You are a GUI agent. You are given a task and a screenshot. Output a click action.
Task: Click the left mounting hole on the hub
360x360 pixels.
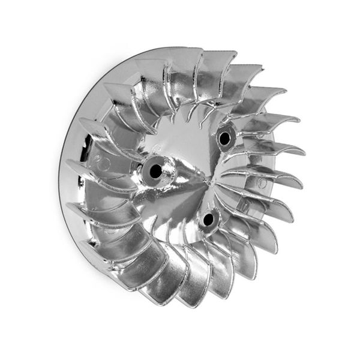(x=155, y=171)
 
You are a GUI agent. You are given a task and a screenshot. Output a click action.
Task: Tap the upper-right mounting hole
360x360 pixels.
(x=225, y=139)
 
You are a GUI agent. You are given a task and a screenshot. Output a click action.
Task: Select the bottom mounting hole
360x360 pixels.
(x=208, y=220)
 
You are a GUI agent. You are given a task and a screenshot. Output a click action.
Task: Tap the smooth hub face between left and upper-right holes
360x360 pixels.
(x=186, y=144)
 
